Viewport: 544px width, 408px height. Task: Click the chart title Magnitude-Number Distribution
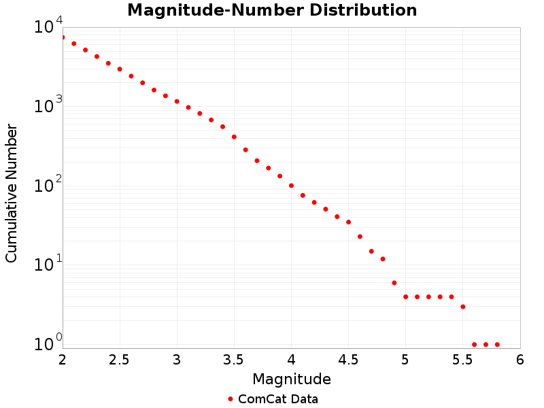[272, 10]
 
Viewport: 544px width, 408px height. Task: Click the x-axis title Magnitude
[291, 379]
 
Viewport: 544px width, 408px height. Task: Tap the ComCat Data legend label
[277, 399]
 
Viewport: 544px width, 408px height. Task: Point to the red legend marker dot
[231, 399]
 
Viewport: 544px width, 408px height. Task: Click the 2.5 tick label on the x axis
[120, 360]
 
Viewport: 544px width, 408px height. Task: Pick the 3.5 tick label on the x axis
[234, 360]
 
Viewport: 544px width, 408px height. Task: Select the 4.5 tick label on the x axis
[348, 360]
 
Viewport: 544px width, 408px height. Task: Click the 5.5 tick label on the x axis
[462, 360]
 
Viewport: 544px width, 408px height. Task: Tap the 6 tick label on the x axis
[520, 360]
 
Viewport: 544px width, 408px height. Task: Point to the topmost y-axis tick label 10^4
[48, 27]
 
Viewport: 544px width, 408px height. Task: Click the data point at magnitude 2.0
[63, 37]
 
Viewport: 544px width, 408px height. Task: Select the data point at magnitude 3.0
[177, 101]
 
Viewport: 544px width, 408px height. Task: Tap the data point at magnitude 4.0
[291, 186]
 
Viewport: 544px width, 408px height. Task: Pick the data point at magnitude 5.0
[405, 296]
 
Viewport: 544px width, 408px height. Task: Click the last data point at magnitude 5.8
[497, 344]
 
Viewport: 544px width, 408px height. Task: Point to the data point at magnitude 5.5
[463, 307]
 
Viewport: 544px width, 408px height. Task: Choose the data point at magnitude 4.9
[394, 283]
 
